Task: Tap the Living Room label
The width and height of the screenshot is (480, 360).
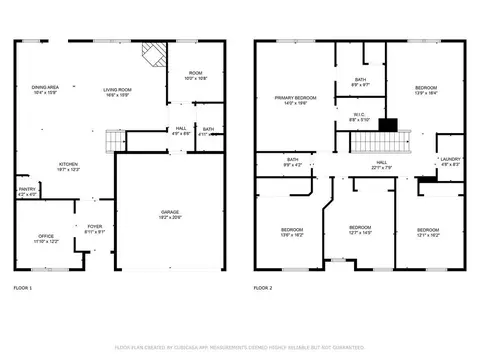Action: point(119,89)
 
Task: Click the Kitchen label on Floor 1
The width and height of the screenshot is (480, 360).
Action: point(69,165)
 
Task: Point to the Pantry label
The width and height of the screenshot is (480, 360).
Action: point(27,191)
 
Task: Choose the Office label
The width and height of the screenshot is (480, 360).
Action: point(47,238)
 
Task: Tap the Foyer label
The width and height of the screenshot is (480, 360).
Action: point(94,229)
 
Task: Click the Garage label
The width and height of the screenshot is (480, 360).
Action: point(171,213)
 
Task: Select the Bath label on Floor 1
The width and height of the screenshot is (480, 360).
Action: point(207,130)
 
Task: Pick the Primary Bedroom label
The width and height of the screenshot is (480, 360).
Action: point(296,99)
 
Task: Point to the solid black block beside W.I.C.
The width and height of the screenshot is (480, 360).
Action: point(389,125)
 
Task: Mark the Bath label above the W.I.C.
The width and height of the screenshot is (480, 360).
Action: point(360,82)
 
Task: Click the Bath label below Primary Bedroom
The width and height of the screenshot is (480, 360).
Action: point(293,160)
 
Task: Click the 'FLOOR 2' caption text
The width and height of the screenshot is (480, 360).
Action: point(263,288)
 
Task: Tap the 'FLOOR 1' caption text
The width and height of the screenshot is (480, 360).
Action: point(22,288)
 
